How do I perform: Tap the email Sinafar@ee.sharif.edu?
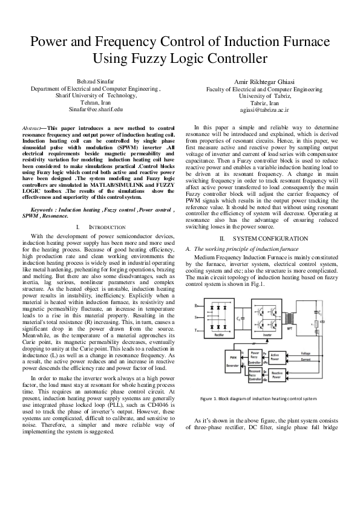(96, 109)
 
